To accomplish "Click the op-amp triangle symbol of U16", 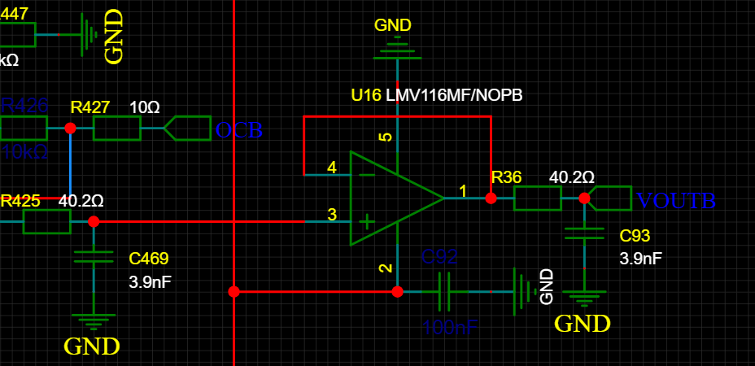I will click(x=391, y=198).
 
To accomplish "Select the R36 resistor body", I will click(x=537, y=198).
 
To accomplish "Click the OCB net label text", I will click(x=238, y=130).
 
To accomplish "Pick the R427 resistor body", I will click(x=117, y=129).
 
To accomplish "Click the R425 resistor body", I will click(x=46, y=221).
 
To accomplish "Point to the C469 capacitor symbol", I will click(x=94, y=258).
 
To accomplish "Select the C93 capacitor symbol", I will click(x=584, y=233).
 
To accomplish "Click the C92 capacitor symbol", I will click(x=444, y=291).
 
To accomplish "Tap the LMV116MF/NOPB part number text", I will click(x=454, y=95).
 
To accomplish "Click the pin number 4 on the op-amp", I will click(x=331, y=168).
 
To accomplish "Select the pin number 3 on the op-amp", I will click(x=331, y=215).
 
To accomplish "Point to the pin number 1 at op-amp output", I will click(x=464, y=191).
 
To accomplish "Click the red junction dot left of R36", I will click(x=491, y=198).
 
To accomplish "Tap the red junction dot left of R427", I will click(x=70, y=129).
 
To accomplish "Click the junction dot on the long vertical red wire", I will click(x=233, y=291).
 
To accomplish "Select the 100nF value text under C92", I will click(x=450, y=328).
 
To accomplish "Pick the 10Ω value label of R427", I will click(x=144, y=107).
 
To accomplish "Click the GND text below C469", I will click(x=92, y=346).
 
